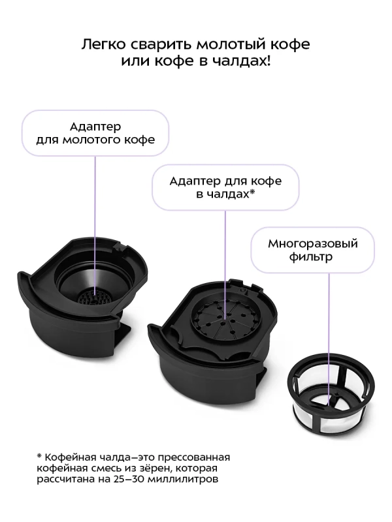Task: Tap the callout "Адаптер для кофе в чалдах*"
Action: tap(225, 187)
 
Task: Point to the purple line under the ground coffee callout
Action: tap(95, 209)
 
